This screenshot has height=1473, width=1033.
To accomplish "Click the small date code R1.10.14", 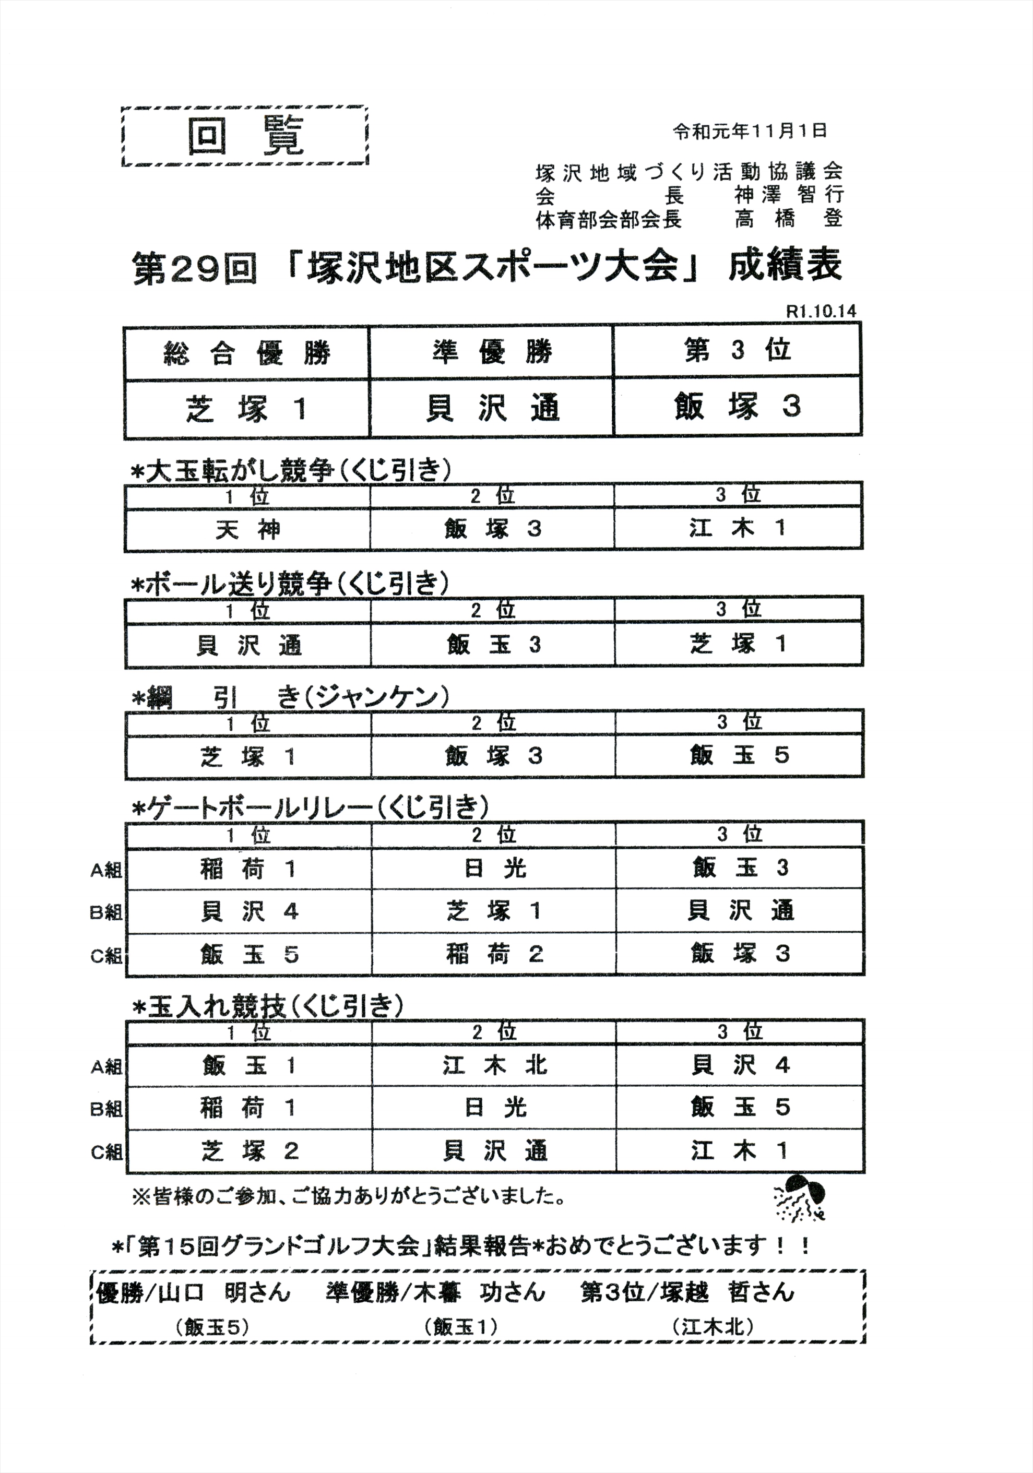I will point(821,311).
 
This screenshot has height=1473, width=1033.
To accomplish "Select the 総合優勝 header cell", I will point(247,353).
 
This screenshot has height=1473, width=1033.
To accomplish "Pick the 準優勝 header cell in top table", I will point(492,353).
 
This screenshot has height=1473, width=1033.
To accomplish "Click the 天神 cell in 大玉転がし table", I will point(247,530).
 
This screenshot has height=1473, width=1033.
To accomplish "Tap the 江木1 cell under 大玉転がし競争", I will point(738,529).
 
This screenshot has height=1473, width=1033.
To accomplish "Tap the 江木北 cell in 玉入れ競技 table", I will point(494,1066).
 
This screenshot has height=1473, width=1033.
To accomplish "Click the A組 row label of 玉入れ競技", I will point(106,1067).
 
